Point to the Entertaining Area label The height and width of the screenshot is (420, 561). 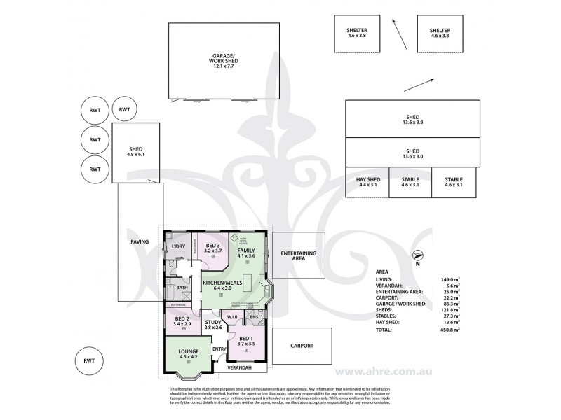(x=298, y=255)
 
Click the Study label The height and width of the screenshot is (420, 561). (x=213, y=325)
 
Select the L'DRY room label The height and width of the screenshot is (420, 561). (x=177, y=247)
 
